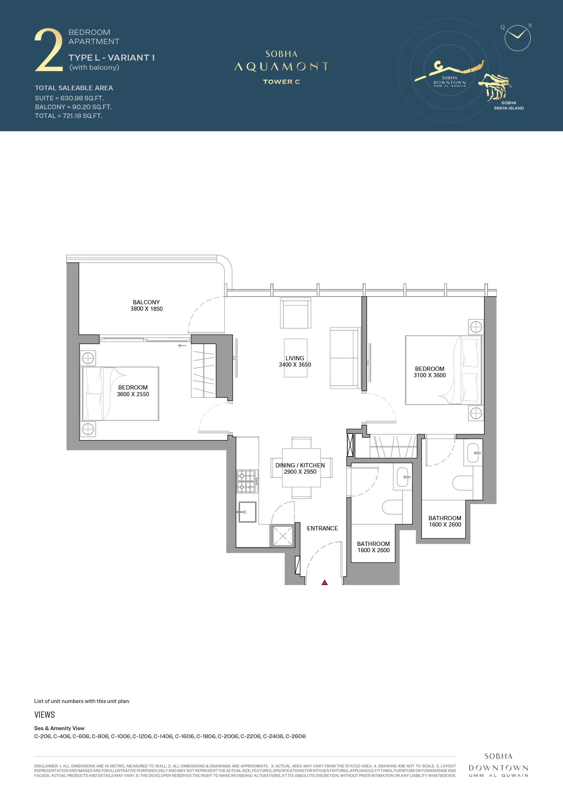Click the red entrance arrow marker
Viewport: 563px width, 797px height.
click(x=324, y=583)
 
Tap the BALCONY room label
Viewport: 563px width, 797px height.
click(x=146, y=302)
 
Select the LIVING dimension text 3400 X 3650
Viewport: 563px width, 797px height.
click(x=295, y=365)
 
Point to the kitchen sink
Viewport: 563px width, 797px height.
click(x=247, y=512)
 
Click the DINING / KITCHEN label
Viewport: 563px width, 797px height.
click(x=300, y=465)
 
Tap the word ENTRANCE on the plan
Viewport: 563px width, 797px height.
click(x=322, y=528)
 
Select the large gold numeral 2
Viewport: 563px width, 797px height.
click(x=49, y=50)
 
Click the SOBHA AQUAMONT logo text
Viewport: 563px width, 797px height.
click(x=281, y=62)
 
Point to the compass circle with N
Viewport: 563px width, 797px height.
click(x=517, y=38)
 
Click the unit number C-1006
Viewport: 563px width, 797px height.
click(x=121, y=736)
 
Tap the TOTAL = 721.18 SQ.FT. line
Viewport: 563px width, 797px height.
click(x=69, y=116)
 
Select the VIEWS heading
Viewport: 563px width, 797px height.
click(x=45, y=714)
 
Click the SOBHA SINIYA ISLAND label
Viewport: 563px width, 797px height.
click(x=508, y=105)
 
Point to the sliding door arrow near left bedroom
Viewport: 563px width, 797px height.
click(x=182, y=345)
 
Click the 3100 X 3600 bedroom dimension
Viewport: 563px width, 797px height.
click(x=430, y=375)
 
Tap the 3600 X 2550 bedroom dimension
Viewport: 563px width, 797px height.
click(x=133, y=394)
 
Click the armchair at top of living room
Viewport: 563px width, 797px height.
click(x=296, y=313)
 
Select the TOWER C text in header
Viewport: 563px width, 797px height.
click(x=281, y=82)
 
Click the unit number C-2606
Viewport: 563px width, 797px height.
click(x=296, y=736)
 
